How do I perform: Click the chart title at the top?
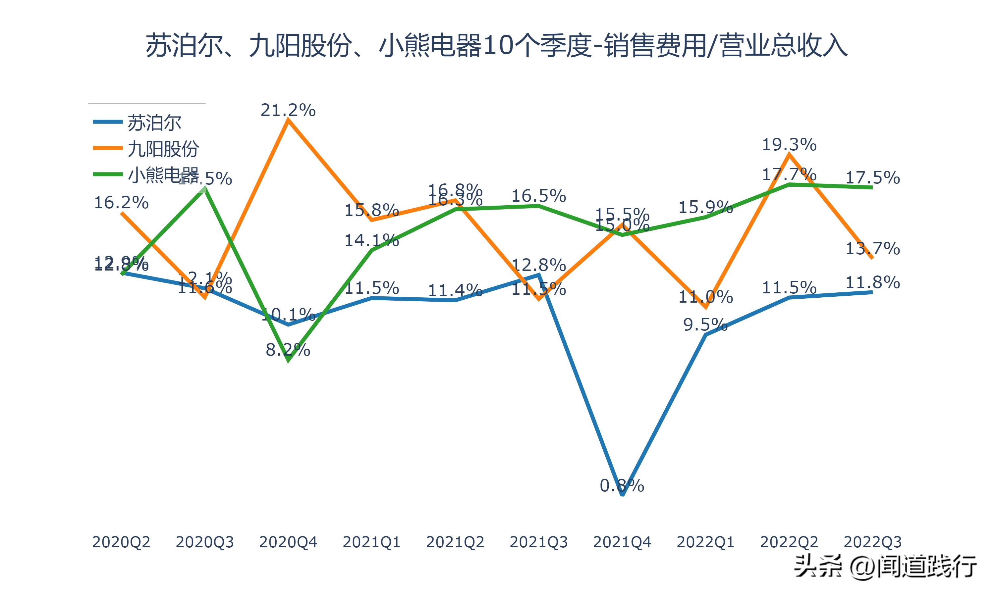pos(497,46)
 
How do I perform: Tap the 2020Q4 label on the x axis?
pos(288,542)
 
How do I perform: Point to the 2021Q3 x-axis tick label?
pos(538,542)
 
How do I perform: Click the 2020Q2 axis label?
pos(121,542)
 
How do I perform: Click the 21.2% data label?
pos(288,110)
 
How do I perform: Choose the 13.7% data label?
pos(873,249)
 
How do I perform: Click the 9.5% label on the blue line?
pos(705,324)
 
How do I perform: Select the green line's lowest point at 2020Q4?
pos(288,361)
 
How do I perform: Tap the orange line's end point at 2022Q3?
pos(872,258)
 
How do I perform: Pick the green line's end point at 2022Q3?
pos(872,187)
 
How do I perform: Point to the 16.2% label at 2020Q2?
pos(121,203)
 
